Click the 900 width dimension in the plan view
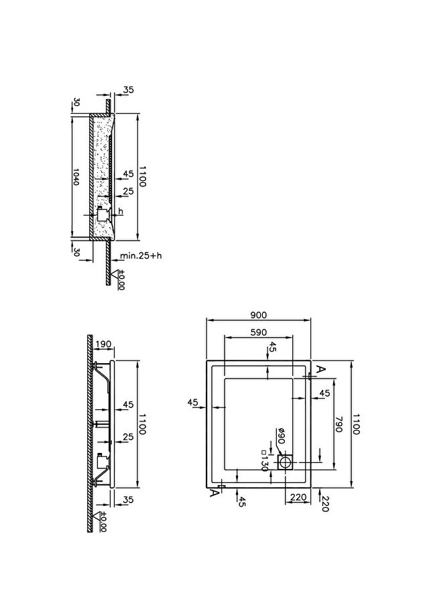tap(258, 315)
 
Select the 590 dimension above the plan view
tap(258, 332)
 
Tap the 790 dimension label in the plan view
tap(339, 424)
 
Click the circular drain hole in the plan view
tap(286, 462)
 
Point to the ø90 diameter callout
tap(281, 436)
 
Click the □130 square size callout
tap(265, 460)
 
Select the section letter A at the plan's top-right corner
tap(320, 369)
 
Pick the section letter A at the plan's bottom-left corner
tap(213, 493)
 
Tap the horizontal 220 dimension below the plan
tap(298, 497)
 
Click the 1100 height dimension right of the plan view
tap(356, 424)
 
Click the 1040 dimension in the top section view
tap(76, 176)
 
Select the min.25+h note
tap(141, 255)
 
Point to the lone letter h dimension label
tap(121, 211)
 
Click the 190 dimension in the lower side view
tap(103, 344)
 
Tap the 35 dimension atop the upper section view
tap(128, 90)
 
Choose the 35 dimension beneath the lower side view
tap(128, 500)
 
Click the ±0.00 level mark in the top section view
tap(121, 280)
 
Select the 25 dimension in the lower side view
tap(128, 437)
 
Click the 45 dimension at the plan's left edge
tap(193, 403)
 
